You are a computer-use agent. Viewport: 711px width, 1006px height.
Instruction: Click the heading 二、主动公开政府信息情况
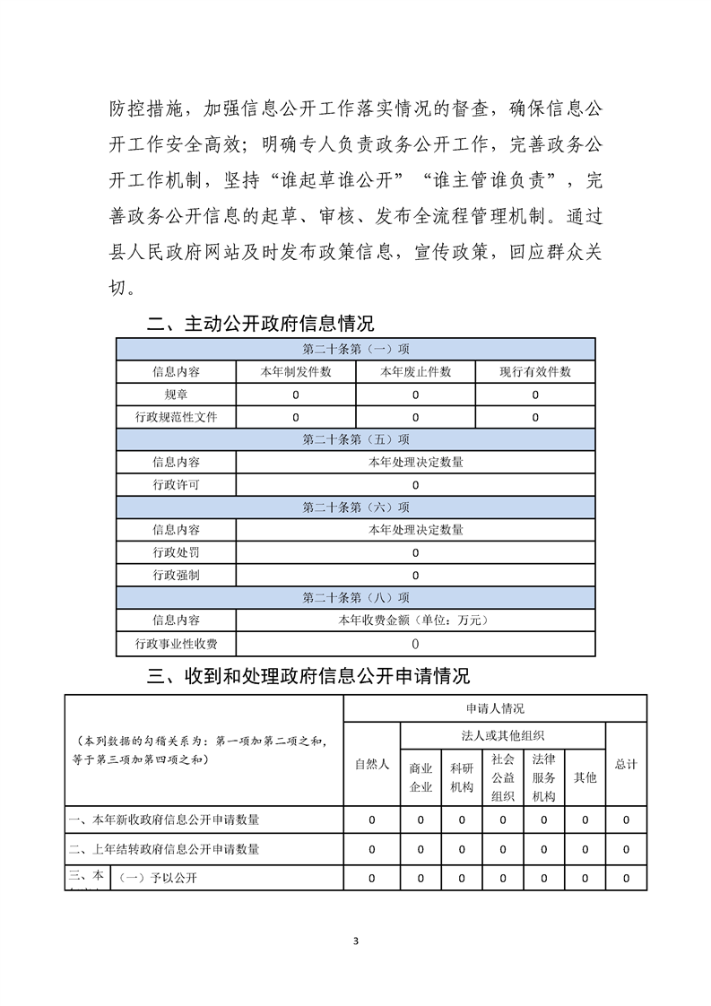[x=260, y=324]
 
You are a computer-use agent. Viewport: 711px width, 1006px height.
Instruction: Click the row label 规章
[x=177, y=395]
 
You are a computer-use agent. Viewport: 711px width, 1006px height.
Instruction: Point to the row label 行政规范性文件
[x=177, y=417]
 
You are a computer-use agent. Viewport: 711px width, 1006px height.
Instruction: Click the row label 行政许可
[x=177, y=485]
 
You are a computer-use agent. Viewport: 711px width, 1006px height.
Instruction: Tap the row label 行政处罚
[x=177, y=552]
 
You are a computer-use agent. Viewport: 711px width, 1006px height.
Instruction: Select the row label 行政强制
[x=177, y=575]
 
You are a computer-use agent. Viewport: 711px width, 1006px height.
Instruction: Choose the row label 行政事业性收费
[x=177, y=643]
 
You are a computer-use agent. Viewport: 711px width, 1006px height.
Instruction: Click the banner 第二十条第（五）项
[x=356, y=439]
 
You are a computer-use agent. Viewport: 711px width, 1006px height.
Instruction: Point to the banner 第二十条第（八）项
[x=356, y=597]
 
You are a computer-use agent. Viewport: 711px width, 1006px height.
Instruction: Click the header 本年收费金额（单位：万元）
[x=415, y=620]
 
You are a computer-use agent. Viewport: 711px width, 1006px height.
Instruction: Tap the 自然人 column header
[x=372, y=764]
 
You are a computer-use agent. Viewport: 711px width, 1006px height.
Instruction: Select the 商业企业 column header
[x=421, y=777]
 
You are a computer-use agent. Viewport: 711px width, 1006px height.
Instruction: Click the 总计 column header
[x=626, y=764]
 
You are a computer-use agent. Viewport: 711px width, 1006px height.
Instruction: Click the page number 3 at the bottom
[x=356, y=941]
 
